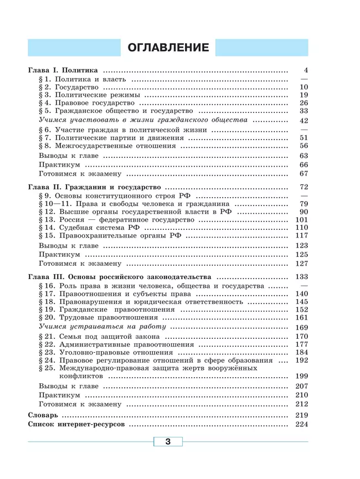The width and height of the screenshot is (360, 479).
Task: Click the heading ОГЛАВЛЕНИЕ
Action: [x=168, y=48]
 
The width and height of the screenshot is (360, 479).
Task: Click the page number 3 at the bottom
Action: [x=168, y=441]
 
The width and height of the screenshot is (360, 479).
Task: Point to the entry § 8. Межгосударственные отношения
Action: [x=107, y=146]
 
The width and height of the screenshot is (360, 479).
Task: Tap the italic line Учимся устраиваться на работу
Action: [x=95, y=327]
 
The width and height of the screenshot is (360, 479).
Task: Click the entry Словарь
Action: [x=42, y=415]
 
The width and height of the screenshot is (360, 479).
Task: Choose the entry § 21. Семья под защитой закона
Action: [x=102, y=336]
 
